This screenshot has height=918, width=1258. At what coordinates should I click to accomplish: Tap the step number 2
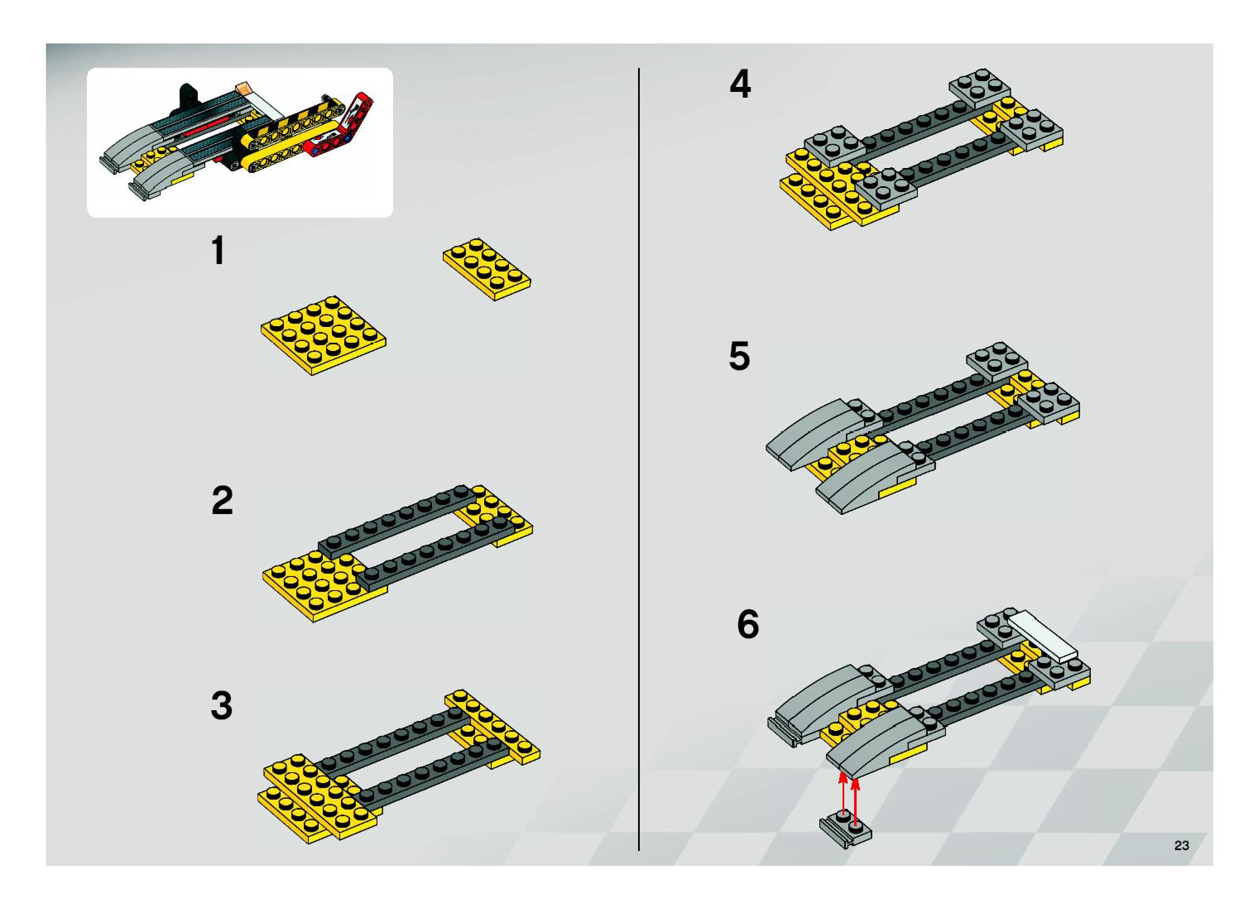(222, 501)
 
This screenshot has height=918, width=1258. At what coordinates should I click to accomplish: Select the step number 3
(221, 706)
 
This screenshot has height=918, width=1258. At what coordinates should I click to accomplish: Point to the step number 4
(740, 85)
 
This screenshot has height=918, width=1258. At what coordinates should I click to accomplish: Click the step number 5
(739, 356)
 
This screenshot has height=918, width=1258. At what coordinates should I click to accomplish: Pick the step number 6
(748, 625)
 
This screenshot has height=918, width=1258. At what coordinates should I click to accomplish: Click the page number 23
(1182, 846)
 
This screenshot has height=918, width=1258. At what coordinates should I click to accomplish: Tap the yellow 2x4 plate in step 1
(487, 269)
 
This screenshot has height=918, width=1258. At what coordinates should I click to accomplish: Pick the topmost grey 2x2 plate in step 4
(980, 88)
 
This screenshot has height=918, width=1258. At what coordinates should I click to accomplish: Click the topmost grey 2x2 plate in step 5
(997, 360)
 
